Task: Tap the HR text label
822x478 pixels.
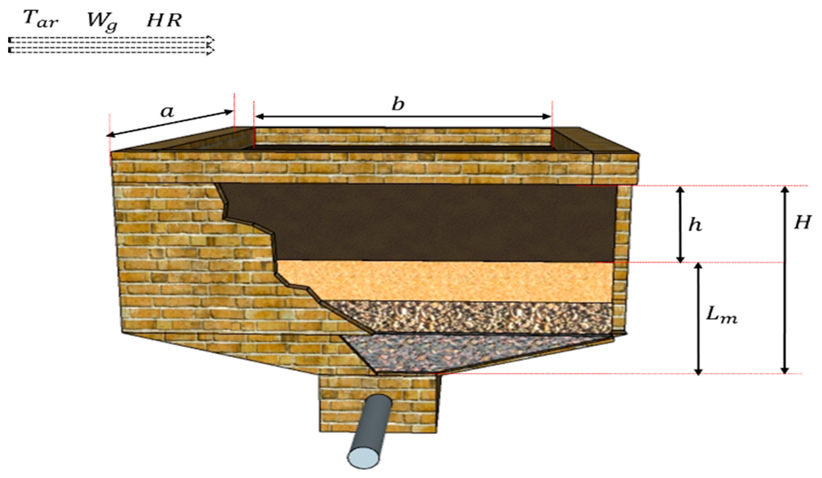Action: [x=164, y=21]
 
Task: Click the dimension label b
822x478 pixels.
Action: [x=398, y=104]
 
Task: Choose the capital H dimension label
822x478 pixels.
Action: [x=802, y=223]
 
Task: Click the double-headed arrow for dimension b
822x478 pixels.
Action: [x=403, y=116]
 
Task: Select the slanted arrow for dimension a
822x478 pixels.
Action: [x=170, y=123]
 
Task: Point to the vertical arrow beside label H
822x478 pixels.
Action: [x=785, y=280]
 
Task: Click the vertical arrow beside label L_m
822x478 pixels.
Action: [x=698, y=319]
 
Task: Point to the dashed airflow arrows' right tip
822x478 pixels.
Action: [x=214, y=45]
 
